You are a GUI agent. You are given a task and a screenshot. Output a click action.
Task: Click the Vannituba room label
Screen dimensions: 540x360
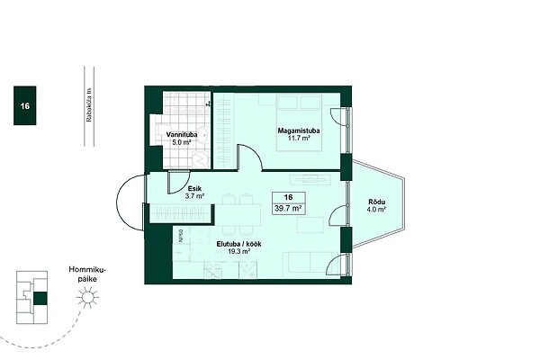point(182,135)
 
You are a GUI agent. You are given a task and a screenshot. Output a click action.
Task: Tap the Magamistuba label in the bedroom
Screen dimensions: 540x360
point(299,130)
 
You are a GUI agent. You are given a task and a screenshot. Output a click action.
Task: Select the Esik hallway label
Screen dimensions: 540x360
point(194,189)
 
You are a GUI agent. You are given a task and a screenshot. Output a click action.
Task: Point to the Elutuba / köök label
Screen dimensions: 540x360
point(239,244)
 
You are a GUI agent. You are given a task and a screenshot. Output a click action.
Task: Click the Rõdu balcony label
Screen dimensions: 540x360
point(377,202)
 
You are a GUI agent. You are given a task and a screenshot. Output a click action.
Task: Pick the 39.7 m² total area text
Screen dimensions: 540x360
point(288,209)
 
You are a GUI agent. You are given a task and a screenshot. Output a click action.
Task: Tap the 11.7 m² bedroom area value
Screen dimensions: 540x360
point(299,138)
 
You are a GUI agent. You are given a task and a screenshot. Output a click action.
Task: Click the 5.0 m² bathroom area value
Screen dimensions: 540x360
point(182,142)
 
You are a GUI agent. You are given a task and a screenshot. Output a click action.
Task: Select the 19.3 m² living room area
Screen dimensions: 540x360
point(239,251)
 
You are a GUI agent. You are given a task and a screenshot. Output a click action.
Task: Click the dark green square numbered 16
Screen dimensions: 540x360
point(25,105)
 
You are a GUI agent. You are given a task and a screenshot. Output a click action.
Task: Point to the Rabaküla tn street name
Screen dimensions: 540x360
point(89,105)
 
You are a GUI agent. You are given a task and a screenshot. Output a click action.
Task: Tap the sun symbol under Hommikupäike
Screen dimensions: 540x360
point(87,297)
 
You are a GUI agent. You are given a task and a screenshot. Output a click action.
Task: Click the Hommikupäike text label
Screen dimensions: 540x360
point(87,274)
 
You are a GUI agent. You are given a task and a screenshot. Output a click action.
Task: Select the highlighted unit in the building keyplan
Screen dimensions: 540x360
point(40,298)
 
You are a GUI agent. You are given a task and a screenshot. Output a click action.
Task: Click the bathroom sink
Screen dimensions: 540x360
point(203,135)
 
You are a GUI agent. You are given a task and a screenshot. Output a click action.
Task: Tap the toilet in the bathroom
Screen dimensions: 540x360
point(159,132)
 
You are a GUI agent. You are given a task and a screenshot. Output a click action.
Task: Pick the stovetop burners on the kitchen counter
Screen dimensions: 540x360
point(212,270)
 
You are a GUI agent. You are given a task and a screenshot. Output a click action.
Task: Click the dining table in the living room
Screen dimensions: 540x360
point(238,214)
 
